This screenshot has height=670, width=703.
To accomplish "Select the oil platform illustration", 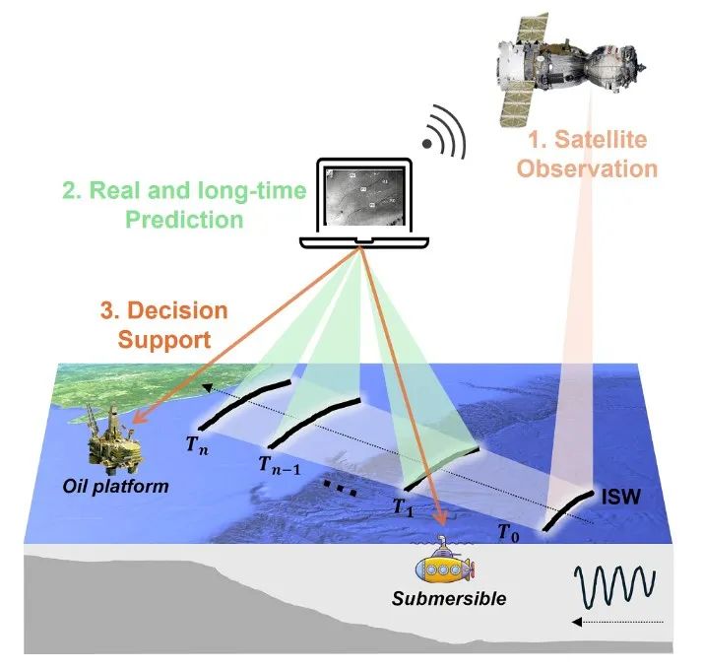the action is pyautogui.click(x=112, y=439).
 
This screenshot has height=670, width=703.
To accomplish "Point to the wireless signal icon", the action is pyautogui.click(x=445, y=132).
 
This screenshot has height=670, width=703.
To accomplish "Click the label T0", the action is pyautogui.click(x=509, y=533).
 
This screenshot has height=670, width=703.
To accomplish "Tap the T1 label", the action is pyautogui.click(x=403, y=507).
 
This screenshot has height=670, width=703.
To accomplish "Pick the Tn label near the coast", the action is pyautogui.click(x=197, y=445).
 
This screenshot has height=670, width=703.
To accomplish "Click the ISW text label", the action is pyautogui.click(x=621, y=497).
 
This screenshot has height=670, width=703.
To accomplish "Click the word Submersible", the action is pyautogui.click(x=449, y=599).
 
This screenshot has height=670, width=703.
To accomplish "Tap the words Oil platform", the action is pyautogui.click(x=115, y=486).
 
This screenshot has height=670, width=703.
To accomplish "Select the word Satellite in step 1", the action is pyautogui.click(x=601, y=140).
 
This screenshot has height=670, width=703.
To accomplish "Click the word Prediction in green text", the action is pyautogui.click(x=184, y=220).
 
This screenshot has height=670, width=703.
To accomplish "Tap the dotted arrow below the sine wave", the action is pyautogui.click(x=617, y=622).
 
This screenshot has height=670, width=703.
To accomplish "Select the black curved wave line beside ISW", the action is pyautogui.click(x=566, y=511).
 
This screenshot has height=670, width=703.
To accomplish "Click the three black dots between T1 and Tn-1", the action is pyautogui.click(x=341, y=489).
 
